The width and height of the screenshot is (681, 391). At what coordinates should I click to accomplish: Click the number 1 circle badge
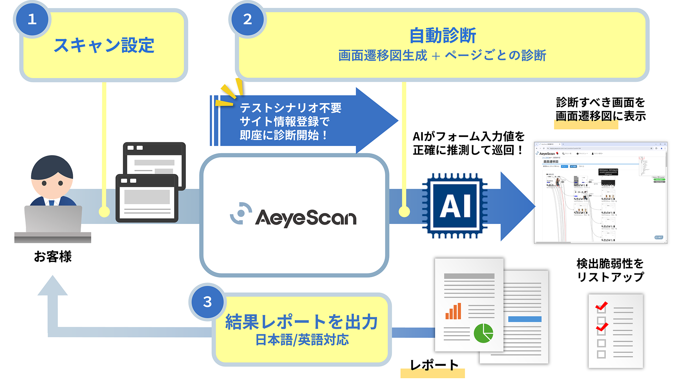click(32, 19)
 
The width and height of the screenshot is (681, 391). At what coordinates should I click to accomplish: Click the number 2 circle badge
click(248, 19)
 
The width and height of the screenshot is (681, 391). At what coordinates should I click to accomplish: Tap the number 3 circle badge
click(207, 302)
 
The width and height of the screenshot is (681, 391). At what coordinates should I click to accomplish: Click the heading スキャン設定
click(104, 45)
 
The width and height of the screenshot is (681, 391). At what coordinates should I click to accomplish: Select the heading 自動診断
click(442, 35)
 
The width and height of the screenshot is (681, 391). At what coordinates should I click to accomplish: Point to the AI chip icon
click(455, 206)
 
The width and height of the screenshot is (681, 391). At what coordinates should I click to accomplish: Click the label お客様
click(53, 256)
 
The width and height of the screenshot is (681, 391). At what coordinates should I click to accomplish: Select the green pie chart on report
click(483, 333)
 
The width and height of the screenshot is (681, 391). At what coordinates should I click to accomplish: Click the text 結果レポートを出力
click(301, 322)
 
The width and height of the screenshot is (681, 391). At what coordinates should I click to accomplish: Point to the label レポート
click(433, 365)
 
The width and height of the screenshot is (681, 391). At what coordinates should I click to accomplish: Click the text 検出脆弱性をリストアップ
click(610, 270)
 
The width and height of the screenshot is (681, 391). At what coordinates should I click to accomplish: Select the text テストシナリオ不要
click(290, 108)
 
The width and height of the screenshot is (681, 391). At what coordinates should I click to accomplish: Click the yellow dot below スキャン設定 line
click(104, 212)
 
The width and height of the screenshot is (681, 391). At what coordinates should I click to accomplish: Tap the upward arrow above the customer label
click(52, 287)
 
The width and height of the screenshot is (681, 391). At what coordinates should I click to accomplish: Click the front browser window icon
click(147, 199)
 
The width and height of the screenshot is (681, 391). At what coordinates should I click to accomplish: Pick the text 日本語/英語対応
click(302, 340)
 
